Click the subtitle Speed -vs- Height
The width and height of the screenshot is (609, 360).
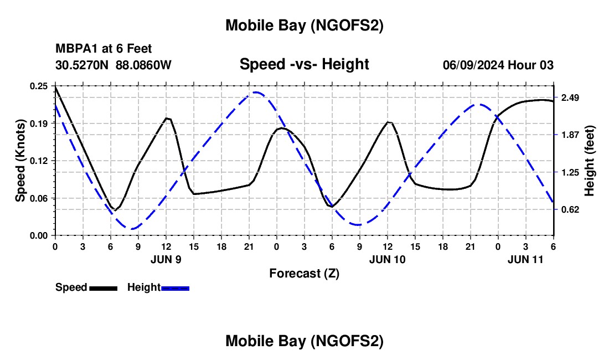pyautogui.click(x=304, y=64)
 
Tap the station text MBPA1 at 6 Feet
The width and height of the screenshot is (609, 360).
pyautogui.click(x=104, y=49)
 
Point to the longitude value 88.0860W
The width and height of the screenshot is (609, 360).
pyautogui.click(x=143, y=65)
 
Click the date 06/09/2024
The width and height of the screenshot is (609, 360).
pyautogui.click(x=474, y=65)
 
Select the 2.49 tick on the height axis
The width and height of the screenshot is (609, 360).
pyautogui.click(x=570, y=98)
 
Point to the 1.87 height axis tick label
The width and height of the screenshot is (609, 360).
pyautogui.click(x=570, y=135)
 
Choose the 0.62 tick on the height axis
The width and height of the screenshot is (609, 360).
pyautogui.click(x=570, y=209)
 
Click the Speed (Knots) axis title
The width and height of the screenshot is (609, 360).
pyautogui.click(x=20, y=161)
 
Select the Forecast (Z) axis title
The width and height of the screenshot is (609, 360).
pyautogui.click(x=304, y=273)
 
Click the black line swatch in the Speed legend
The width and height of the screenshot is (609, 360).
pyautogui.click(x=103, y=287)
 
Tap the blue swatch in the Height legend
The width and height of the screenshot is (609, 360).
pyautogui.click(x=175, y=287)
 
